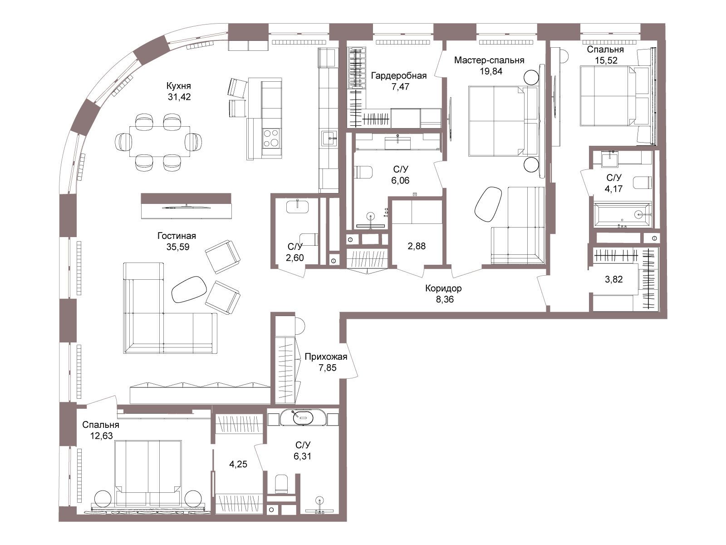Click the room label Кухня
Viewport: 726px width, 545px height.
179,86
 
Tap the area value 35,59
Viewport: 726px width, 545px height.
178,247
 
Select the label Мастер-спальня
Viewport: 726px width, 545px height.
489,60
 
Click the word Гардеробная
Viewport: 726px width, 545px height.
399,76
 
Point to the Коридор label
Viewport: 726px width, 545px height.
443,288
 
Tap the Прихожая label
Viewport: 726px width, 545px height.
326,357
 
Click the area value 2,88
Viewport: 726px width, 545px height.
417,246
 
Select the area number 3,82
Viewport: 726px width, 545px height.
614,279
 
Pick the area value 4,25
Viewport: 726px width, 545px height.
238,464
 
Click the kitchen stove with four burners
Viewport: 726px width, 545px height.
271,138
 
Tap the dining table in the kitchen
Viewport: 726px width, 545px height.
160,141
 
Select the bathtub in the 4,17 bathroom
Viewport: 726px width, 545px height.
623,215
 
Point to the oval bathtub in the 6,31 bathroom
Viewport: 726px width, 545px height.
303,417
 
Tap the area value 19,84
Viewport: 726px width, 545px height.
491,71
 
